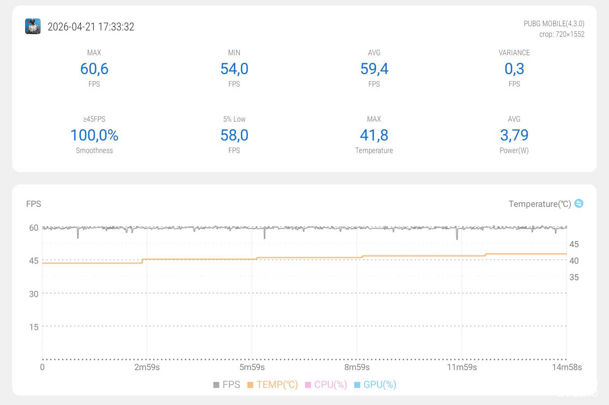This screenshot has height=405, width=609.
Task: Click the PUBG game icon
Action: [33, 26]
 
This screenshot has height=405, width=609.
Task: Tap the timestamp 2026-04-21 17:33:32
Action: [91, 27]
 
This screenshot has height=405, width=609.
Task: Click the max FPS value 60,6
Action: [94, 69]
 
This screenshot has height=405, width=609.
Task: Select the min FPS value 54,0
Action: [234, 69]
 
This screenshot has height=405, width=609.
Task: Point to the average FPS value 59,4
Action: [374, 69]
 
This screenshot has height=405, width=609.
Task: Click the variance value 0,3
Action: [514, 69]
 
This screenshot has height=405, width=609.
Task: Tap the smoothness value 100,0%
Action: [94, 135]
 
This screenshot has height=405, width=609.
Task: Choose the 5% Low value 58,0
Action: [234, 135]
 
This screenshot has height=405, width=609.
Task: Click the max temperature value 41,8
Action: [374, 135]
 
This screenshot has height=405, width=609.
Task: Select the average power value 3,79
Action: [514, 135]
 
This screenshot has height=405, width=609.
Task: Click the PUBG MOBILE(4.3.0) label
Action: [554, 24]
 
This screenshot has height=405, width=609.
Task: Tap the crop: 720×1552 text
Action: [561, 34]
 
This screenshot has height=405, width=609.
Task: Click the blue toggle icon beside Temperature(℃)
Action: [579, 203]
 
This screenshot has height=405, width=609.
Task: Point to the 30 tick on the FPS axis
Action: [34, 294]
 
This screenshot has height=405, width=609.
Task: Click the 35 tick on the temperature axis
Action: [574, 277]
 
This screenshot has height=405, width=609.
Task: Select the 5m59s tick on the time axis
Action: [252, 367]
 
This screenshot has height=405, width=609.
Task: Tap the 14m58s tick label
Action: [567, 367]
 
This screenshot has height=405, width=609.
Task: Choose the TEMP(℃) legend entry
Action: [273, 384]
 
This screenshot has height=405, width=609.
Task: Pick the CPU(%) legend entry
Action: [326, 384]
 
